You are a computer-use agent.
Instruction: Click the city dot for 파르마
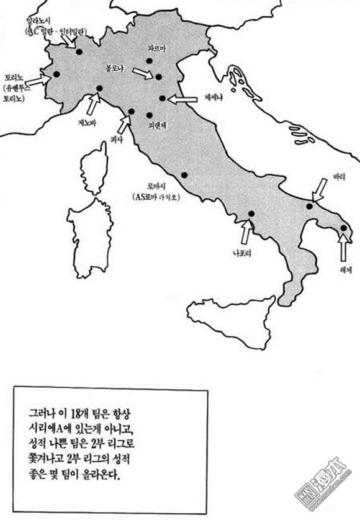[x=149, y=61]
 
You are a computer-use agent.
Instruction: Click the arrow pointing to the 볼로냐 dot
[x=142, y=73]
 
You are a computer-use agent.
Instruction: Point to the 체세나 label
[x=215, y=97]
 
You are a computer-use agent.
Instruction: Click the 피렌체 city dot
[x=149, y=115]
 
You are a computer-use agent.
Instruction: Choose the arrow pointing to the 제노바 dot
[x=92, y=104]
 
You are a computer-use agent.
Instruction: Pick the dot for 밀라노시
[x=79, y=51]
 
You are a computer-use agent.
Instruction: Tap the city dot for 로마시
[x=184, y=174]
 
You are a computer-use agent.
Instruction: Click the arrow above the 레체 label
[x=343, y=246]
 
